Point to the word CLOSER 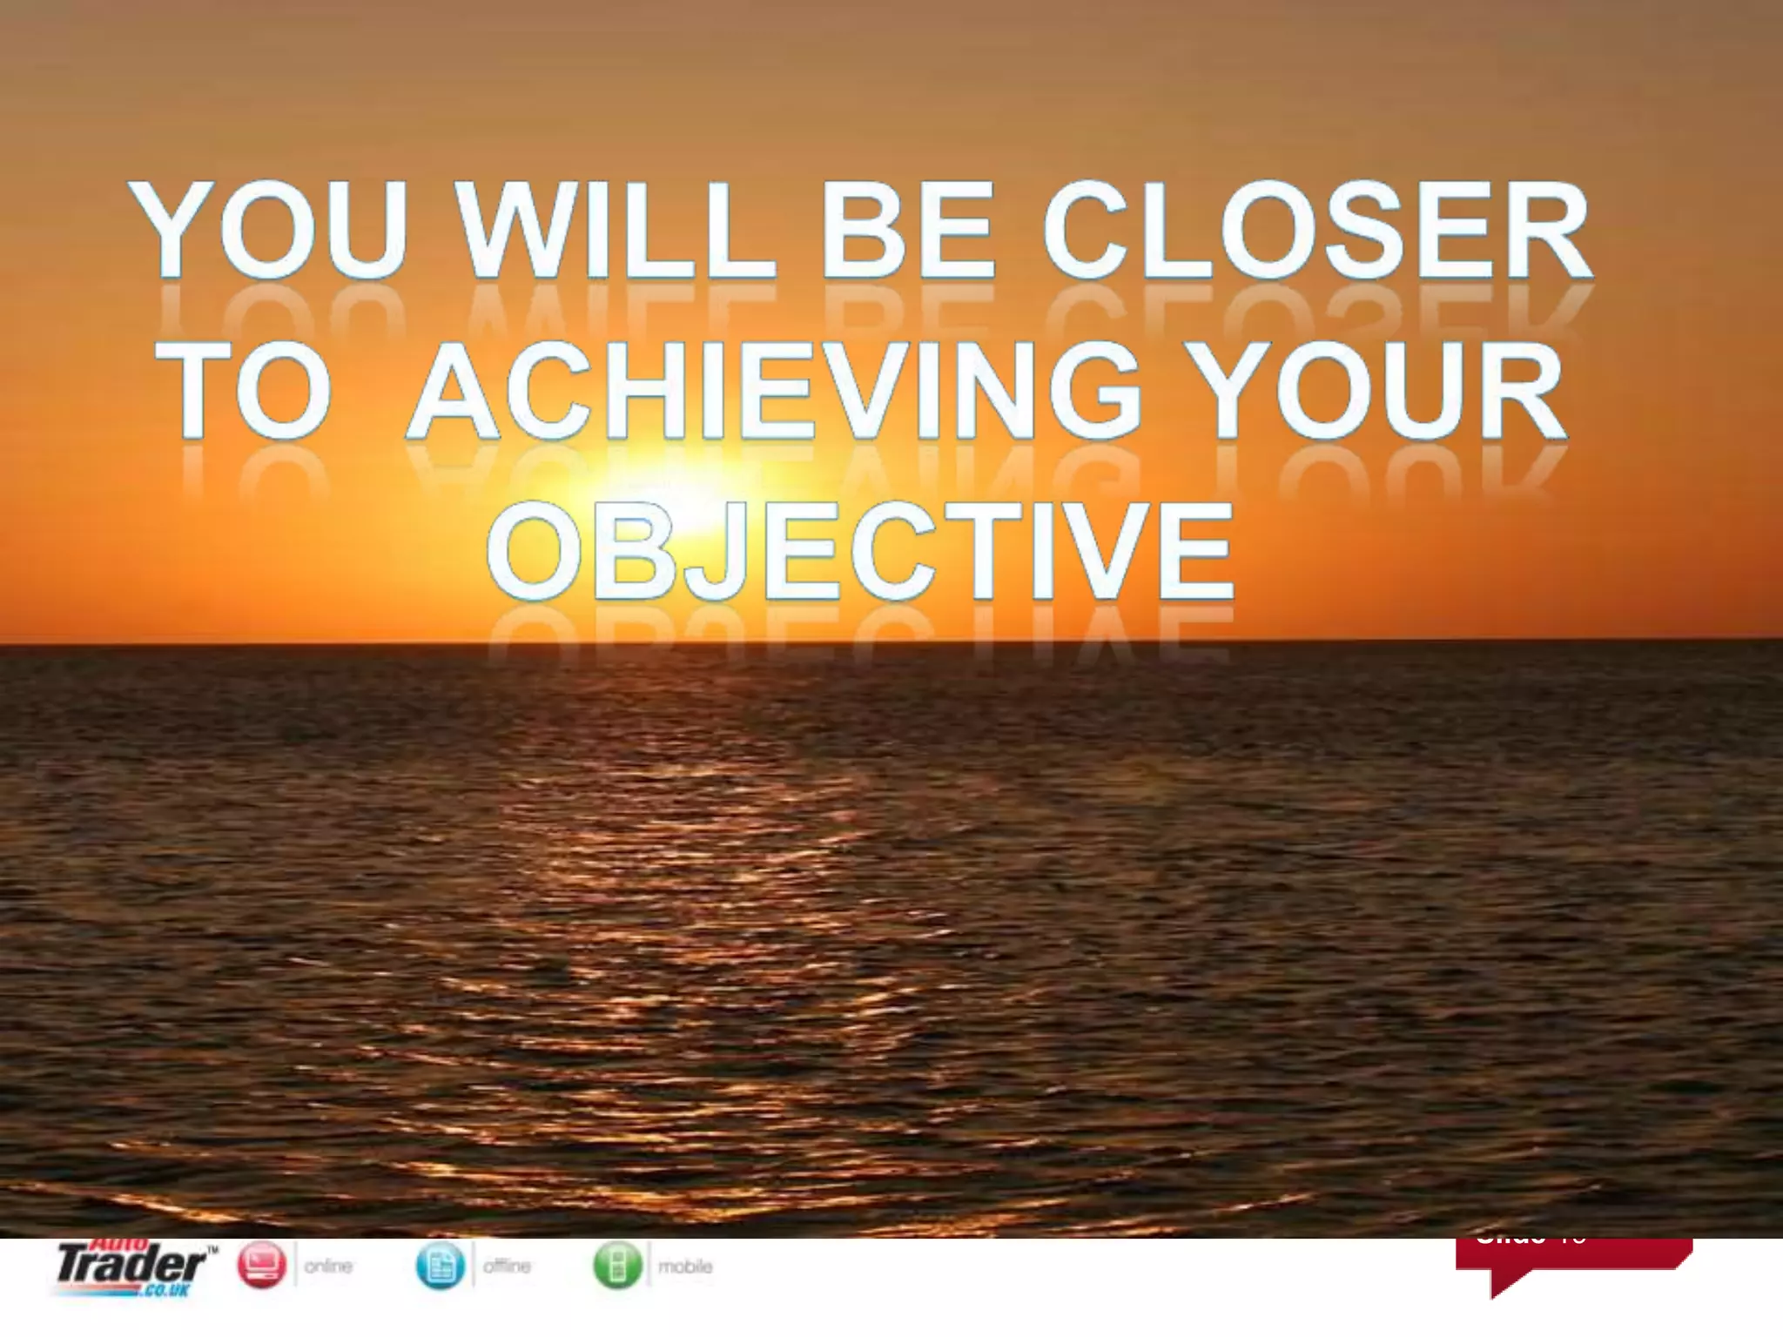click(x=1316, y=231)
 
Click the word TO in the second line click(x=252, y=393)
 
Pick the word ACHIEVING click(x=775, y=393)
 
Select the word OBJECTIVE click(x=860, y=552)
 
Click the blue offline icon click(x=441, y=1266)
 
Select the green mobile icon click(x=618, y=1266)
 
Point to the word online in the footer click(x=328, y=1266)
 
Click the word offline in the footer click(x=507, y=1266)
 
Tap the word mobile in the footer click(x=685, y=1266)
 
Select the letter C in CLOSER click(x=1087, y=231)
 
